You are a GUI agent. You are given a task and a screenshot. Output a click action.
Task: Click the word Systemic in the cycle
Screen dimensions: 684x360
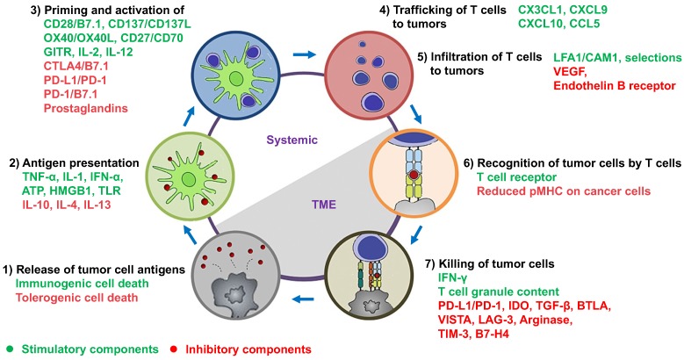tap(292, 140)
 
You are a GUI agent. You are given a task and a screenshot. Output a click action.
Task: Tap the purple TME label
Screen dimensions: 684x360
tap(324, 205)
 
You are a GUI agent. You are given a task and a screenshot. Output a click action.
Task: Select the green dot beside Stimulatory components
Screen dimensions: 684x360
tap(11, 349)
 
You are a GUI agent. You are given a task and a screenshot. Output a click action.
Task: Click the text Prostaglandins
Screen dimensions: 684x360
tap(86, 108)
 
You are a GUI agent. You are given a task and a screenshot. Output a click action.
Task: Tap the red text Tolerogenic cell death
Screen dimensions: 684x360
tap(76, 298)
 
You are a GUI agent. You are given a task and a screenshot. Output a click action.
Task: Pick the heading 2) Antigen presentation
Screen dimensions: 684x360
tap(74, 162)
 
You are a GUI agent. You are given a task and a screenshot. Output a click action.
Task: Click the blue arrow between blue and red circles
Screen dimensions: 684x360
tap(304, 54)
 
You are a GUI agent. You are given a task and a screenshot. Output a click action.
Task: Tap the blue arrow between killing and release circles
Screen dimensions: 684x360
tap(303, 299)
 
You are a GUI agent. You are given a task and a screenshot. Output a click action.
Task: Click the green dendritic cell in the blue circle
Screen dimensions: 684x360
tap(236, 77)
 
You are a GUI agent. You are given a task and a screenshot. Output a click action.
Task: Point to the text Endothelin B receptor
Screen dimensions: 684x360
tap(615, 85)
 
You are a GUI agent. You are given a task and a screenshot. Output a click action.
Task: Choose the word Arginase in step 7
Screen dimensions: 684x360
tap(545, 320)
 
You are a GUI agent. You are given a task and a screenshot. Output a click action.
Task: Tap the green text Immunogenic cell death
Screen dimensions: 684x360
tap(82, 284)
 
